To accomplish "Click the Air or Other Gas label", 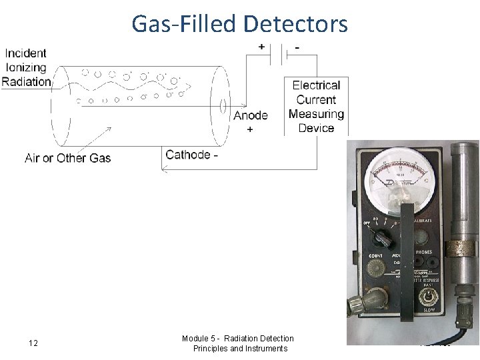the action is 67,158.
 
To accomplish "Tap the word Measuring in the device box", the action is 316,113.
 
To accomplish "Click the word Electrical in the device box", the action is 316,85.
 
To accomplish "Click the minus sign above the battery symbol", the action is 296,47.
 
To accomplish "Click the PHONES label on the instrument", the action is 423,253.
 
